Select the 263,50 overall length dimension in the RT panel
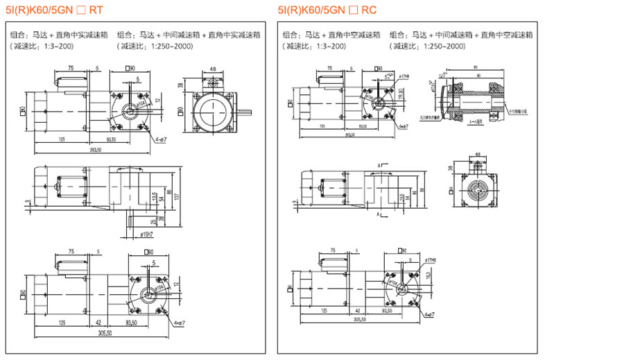pos(95,149)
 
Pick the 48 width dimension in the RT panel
pos(212,69)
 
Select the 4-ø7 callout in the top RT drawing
pos(162,141)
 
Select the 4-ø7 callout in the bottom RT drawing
pos(182,323)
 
